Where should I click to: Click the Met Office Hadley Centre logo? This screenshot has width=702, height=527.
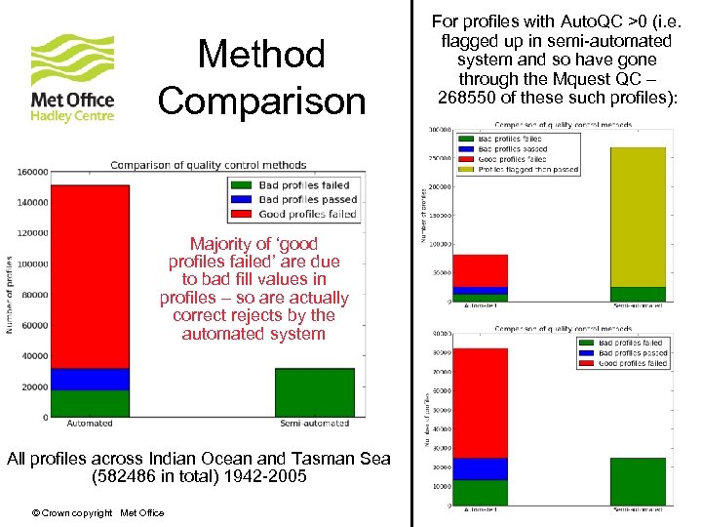(73, 78)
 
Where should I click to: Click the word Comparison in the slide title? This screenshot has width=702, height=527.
(261, 100)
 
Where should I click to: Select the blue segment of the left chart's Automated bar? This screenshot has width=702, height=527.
(90, 379)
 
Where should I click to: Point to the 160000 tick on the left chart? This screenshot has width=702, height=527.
(32, 172)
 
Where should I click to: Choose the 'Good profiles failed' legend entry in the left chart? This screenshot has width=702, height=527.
(307, 214)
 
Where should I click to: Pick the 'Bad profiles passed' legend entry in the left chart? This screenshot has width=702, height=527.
(307, 199)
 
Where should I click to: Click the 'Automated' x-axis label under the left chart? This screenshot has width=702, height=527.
(90, 424)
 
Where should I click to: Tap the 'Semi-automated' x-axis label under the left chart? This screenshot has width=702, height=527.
(314, 424)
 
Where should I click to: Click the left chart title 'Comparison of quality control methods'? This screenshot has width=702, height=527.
(208, 164)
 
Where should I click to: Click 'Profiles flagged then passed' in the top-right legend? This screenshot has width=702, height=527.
(527, 170)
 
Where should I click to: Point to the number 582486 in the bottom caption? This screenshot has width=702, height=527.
(124, 477)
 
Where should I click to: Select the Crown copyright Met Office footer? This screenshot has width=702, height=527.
(97, 513)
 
